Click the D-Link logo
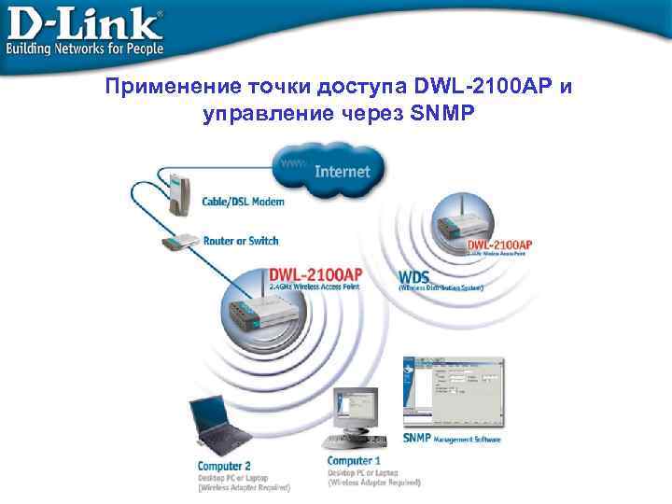[84, 21]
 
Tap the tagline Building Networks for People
[85, 47]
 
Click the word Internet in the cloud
[343, 172]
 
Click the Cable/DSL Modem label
[244, 202]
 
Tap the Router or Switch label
[241, 241]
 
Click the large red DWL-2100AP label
[315, 274]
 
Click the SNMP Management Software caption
[452, 439]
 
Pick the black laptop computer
[217, 426]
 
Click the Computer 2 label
[224, 466]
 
